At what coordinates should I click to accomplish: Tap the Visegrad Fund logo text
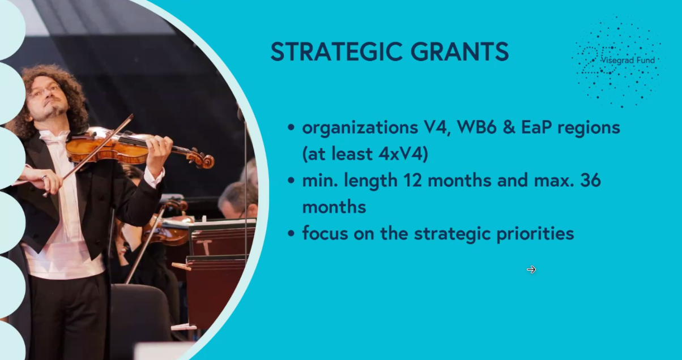(x=628, y=61)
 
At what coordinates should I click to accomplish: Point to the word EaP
(x=536, y=128)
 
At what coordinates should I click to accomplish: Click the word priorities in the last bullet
(x=535, y=234)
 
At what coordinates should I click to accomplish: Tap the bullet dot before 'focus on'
(x=291, y=234)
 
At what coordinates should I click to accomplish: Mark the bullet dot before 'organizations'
(x=291, y=128)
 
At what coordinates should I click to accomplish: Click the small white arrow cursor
(x=531, y=269)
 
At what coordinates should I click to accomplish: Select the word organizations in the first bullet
(x=360, y=128)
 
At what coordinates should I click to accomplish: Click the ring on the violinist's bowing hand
(x=45, y=177)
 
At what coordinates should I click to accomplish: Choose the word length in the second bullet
(x=370, y=181)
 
